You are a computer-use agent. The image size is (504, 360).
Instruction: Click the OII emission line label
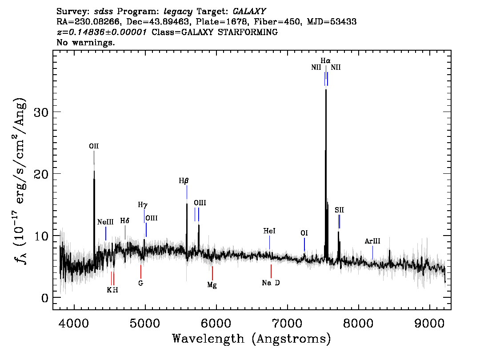click(x=94, y=146)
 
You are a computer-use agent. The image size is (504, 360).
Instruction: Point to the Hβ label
click(x=184, y=181)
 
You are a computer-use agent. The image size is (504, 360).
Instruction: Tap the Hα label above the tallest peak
click(x=326, y=60)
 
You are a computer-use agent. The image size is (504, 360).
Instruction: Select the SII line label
click(x=340, y=210)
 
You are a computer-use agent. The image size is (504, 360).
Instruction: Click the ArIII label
click(x=372, y=241)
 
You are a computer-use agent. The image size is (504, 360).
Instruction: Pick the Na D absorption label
click(x=271, y=283)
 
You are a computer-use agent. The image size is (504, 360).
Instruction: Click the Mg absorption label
click(x=212, y=285)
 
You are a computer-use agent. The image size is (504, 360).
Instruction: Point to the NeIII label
click(x=106, y=222)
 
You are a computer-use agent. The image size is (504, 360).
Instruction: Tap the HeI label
click(x=269, y=231)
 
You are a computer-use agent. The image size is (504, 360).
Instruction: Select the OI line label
click(x=304, y=233)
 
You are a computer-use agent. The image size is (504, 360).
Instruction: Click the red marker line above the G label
click(x=140, y=271)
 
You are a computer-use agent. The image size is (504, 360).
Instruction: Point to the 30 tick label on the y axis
click(x=41, y=112)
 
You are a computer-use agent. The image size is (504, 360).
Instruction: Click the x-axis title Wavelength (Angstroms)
click(x=252, y=339)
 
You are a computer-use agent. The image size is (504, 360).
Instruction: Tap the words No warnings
click(x=86, y=43)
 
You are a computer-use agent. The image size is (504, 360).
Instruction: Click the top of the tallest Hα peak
click(x=326, y=89)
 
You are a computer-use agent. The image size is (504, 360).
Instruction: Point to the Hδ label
click(x=125, y=221)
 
